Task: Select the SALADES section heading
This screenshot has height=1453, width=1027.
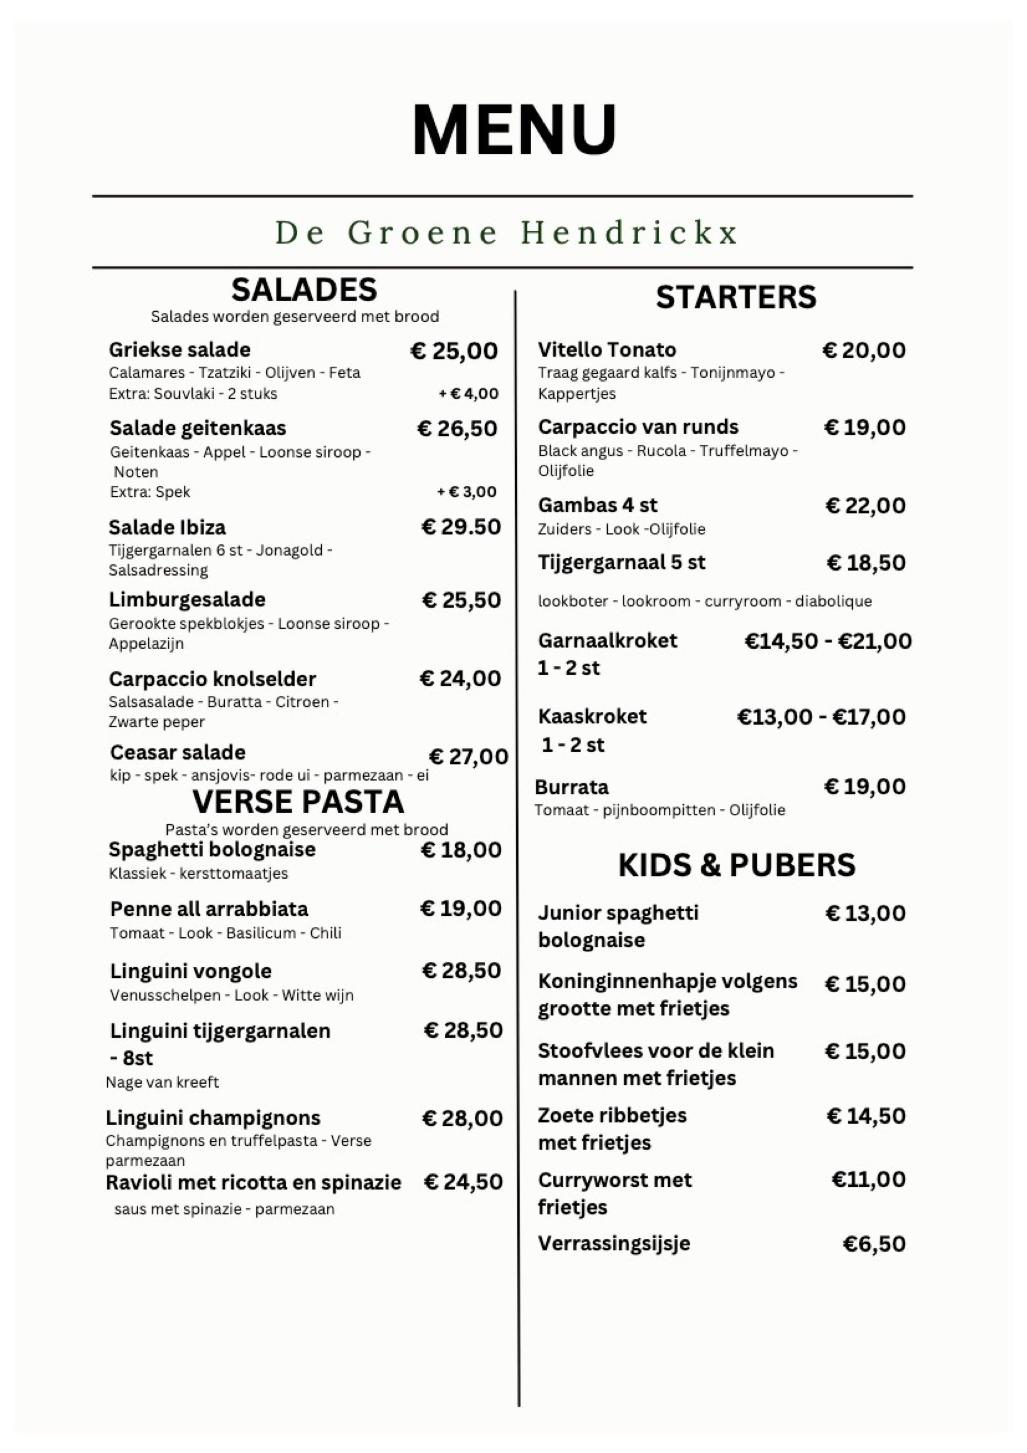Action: tap(304, 290)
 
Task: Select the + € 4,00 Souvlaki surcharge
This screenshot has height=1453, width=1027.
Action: tap(468, 394)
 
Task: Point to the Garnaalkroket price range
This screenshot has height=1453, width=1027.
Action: tap(828, 641)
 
